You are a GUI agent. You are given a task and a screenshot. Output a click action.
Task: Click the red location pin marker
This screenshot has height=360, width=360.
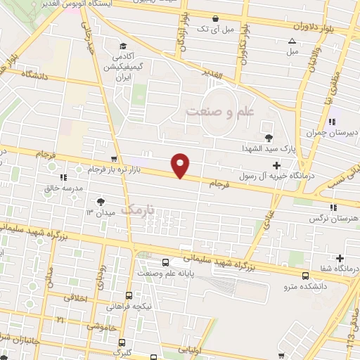click(x=181, y=165)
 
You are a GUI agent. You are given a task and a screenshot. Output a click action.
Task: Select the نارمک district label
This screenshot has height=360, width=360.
click(x=137, y=209)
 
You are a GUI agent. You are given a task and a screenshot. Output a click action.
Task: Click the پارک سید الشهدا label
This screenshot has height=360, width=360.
click(x=271, y=150)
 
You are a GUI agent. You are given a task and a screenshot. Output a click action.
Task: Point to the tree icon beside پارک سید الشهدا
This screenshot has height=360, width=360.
click(x=268, y=137)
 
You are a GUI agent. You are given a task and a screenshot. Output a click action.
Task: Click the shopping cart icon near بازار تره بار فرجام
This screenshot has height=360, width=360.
click(x=114, y=158)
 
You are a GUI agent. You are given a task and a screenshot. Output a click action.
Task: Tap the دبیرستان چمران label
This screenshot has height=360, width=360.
click(x=331, y=133)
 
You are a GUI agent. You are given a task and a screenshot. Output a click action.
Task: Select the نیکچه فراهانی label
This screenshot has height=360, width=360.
click(x=130, y=307)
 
